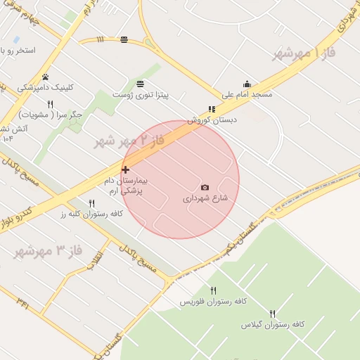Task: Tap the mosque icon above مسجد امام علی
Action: click(247, 84)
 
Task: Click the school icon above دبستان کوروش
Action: click(212, 110)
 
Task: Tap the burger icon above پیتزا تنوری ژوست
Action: click(141, 83)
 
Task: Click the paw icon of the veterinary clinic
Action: click(46, 77)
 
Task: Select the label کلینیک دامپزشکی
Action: click(45, 88)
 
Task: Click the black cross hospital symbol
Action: click(125, 169)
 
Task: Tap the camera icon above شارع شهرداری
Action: click(205, 187)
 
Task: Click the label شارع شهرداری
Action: click(205, 198)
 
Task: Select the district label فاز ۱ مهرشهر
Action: click(307, 53)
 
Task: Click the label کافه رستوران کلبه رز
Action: click(92, 213)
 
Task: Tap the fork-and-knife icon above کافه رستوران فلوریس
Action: click(213, 290)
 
